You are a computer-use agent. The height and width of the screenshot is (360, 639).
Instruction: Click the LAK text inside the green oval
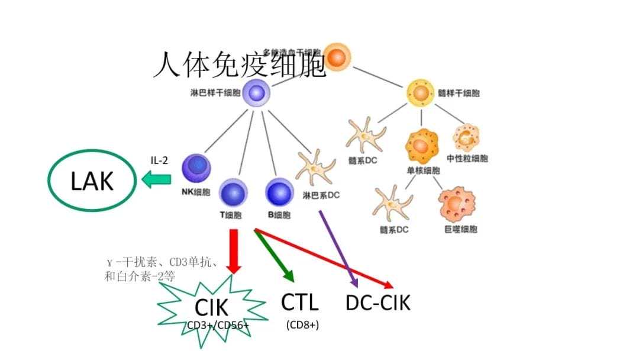point(92,181)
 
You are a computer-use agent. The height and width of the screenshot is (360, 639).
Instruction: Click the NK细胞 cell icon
point(195,168)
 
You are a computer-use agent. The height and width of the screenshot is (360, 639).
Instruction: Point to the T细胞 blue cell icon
point(234,193)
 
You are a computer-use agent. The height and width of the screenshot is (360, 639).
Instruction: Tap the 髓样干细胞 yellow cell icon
point(420,93)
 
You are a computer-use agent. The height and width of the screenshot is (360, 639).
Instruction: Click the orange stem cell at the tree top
point(337,57)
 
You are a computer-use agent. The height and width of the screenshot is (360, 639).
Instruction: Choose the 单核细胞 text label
point(423,171)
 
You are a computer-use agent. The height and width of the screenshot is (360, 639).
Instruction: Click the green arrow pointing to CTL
point(275,255)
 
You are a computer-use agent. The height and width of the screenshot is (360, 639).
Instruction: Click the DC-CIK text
point(377,303)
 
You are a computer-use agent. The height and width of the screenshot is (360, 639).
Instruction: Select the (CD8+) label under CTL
point(302,324)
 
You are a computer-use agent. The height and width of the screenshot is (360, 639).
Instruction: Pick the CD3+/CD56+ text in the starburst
point(218,325)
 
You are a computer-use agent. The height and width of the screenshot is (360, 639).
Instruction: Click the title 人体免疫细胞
point(240,65)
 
